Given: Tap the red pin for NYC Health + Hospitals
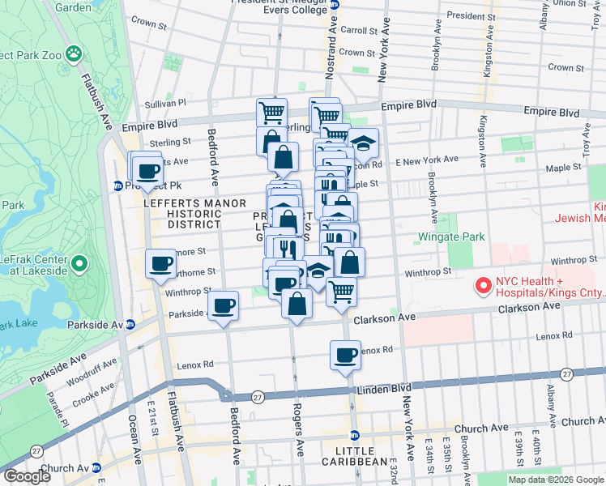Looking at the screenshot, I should coord(484,286).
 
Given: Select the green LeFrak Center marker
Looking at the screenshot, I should coord(79,263).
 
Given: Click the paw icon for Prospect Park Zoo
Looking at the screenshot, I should coord(74,53).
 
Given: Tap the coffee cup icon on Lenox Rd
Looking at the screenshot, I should coord(345,355).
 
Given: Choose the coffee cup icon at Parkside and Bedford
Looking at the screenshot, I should coord(223,306).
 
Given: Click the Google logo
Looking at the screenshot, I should coord(27,476).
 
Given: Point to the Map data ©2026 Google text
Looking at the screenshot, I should coord(556,480).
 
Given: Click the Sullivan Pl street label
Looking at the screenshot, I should coord(165,103).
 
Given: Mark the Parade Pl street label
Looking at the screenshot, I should coord(51,403).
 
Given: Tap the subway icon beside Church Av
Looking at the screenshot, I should coord(96,467).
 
